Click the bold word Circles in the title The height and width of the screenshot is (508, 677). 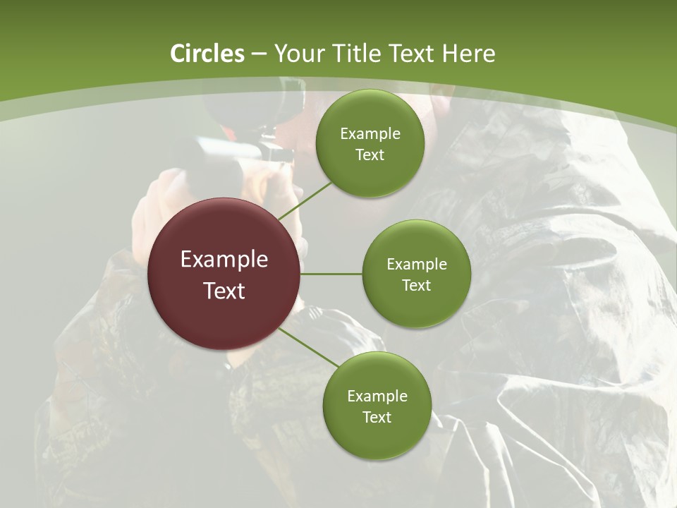(x=207, y=54)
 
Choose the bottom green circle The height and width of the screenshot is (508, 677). (x=377, y=437)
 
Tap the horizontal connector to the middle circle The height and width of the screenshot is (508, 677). (x=331, y=274)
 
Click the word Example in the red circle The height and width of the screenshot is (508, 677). (x=224, y=260)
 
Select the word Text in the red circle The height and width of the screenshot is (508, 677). (x=224, y=291)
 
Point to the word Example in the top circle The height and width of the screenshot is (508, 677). (x=370, y=134)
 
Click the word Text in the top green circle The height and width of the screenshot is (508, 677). (x=370, y=155)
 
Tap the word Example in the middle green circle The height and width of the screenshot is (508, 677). (x=417, y=265)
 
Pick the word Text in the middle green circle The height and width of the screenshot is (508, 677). (x=417, y=285)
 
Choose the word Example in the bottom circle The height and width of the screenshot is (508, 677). (x=377, y=397)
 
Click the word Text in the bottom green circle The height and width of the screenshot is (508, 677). (x=377, y=417)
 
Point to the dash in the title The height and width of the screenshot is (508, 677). (x=259, y=54)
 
